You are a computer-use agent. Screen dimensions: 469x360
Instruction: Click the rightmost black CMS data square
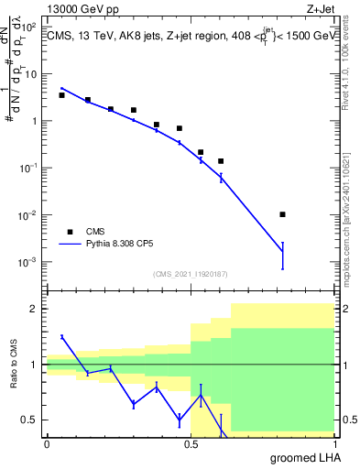click(282, 214)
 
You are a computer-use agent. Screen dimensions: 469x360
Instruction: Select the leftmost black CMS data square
click(61, 95)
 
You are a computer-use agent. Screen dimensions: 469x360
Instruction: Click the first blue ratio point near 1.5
click(61, 337)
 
